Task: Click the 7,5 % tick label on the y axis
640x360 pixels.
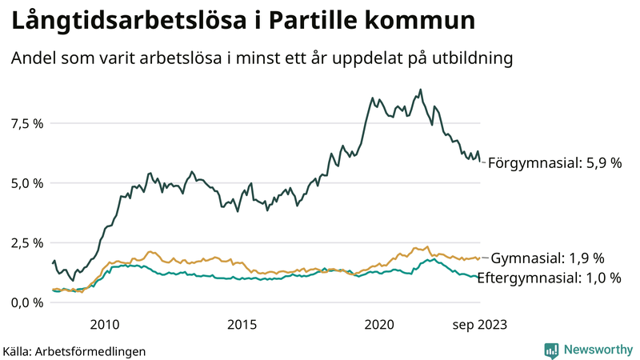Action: click(26, 123)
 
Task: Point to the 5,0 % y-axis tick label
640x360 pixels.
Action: click(26, 182)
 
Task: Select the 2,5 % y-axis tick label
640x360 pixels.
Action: click(26, 242)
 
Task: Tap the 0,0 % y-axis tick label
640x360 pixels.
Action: click(26, 302)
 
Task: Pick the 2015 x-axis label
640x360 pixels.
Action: click(242, 324)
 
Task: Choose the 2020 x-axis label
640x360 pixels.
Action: click(379, 324)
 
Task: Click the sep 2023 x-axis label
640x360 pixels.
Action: click(480, 324)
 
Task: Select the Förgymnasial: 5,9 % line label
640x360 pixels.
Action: click(554, 162)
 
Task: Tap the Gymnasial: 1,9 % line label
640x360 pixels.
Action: click(546, 258)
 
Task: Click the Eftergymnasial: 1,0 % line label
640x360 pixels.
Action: click(554, 278)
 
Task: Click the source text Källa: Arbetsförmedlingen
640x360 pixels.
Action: click(74, 350)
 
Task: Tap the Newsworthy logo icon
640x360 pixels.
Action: click(551, 350)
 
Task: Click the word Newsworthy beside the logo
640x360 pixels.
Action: click(598, 350)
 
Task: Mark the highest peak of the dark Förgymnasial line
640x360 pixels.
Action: click(421, 90)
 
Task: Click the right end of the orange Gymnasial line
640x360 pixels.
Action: click(479, 258)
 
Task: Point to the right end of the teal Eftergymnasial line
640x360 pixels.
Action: click(479, 278)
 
